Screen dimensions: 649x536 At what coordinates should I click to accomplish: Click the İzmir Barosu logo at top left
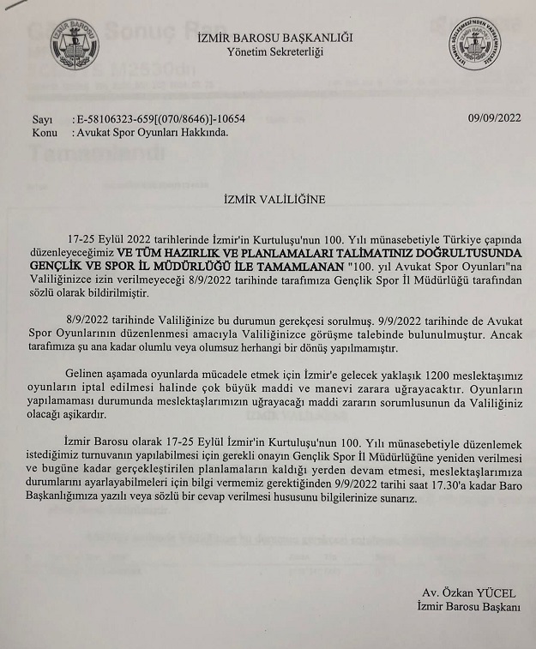click(x=75, y=45)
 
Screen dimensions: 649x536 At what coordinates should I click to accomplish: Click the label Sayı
click(x=41, y=119)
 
